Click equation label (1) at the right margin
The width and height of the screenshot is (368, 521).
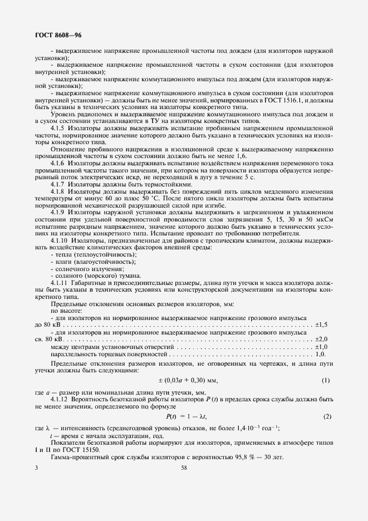326,381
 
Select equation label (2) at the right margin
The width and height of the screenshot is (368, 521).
327,416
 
